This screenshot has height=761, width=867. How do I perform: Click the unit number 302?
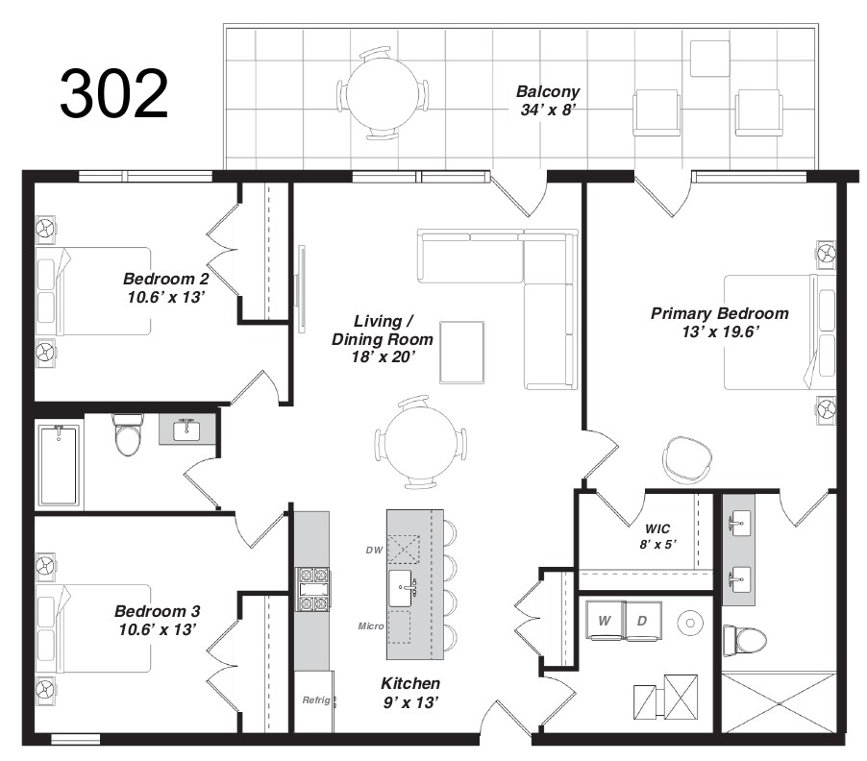(x=114, y=94)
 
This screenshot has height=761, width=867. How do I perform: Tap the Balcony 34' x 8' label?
(x=548, y=101)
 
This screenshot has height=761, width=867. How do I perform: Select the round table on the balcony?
(x=383, y=93)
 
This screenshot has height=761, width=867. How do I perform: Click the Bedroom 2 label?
(x=166, y=287)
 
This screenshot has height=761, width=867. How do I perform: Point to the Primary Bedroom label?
(x=719, y=323)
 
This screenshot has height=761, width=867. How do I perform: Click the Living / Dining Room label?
(x=383, y=339)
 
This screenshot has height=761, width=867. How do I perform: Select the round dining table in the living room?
(x=420, y=442)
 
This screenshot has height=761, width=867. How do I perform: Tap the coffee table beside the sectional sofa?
(x=461, y=352)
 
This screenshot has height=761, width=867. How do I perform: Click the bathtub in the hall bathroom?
(x=59, y=464)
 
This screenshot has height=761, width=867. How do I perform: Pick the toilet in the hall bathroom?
(x=128, y=435)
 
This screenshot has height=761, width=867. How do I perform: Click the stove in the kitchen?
(x=312, y=589)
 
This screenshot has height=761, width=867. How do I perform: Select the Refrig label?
(x=316, y=700)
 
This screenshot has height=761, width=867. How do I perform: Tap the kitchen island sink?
(x=404, y=588)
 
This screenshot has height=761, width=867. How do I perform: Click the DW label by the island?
(x=374, y=550)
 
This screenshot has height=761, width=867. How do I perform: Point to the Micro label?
(x=371, y=626)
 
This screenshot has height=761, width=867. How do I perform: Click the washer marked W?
(x=605, y=621)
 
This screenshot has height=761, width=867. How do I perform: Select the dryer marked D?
(x=642, y=621)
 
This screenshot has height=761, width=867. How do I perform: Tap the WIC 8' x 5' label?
(x=657, y=536)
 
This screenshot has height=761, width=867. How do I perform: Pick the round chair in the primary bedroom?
(x=687, y=460)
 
